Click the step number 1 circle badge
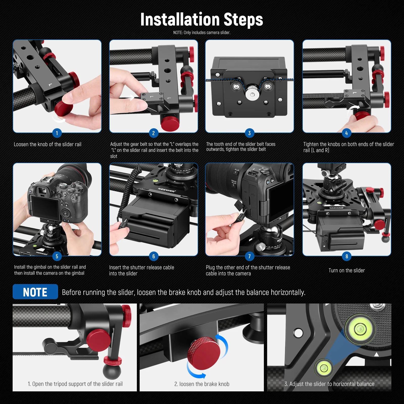pyautogui.click(x=57, y=133)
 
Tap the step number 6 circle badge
pyautogui.click(x=154, y=256)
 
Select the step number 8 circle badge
pyautogui.click(x=346, y=256)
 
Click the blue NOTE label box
pyautogui.click(x=35, y=292)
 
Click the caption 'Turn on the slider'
pyautogui.click(x=346, y=270)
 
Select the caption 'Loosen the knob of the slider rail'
pyautogui.click(x=47, y=144)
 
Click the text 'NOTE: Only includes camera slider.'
pyautogui.click(x=201, y=33)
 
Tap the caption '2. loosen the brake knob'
pyautogui.click(x=201, y=384)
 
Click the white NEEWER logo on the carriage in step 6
pyautogui.click(x=167, y=190)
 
